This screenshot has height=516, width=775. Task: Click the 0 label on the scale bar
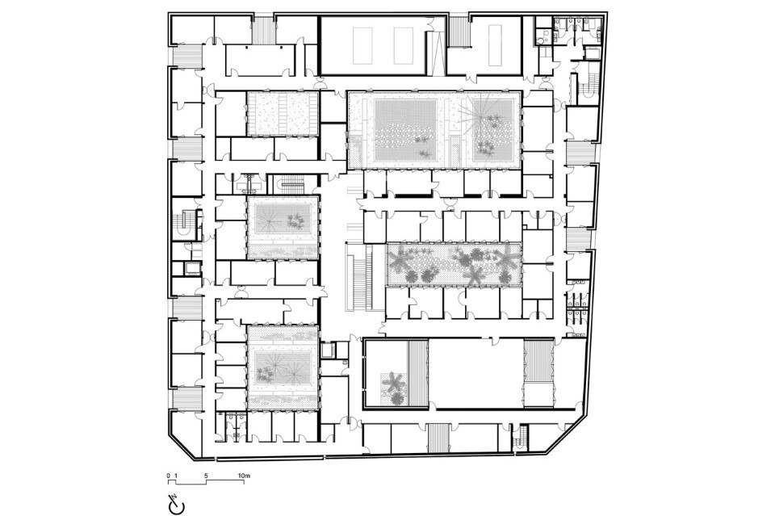[169, 476]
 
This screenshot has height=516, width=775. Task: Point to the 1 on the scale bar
[175, 476]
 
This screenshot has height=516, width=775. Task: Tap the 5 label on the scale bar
[206, 476]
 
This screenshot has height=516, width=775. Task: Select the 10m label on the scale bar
[244, 476]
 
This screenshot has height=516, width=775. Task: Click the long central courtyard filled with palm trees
[453, 264]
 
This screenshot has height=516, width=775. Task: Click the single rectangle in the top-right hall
[495, 47]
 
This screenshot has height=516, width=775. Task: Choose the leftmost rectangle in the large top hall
[362, 45]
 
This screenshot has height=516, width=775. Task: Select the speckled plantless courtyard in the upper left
[283, 113]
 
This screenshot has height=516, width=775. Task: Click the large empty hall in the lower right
[475, 374]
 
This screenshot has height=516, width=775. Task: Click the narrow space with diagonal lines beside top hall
[436, 52]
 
